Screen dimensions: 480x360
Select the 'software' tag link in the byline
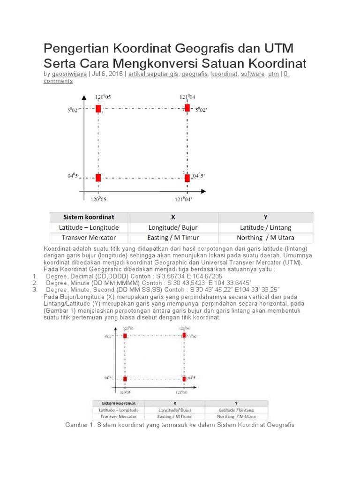click(x=253, y=74)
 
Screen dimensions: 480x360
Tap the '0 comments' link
click(x=58, y=81)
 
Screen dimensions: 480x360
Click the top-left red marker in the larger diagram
click(x=98, y=109)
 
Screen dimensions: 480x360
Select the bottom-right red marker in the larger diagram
click(x=187, y=178)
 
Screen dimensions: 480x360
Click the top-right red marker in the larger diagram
click(x=187, y=108)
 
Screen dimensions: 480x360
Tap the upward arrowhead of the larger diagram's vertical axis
click(x=83, y=97)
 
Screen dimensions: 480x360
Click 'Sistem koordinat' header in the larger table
click(x=89, y=217)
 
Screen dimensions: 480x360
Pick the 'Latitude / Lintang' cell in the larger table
click(x=265, y=227)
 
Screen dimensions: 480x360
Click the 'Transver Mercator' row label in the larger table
click(x=89, y=237)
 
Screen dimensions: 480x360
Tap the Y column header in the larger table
click(x=265, y=217)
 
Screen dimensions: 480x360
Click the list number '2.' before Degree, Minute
click(x=35, y=283)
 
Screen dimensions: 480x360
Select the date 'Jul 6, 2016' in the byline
click(x=108, y=74)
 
